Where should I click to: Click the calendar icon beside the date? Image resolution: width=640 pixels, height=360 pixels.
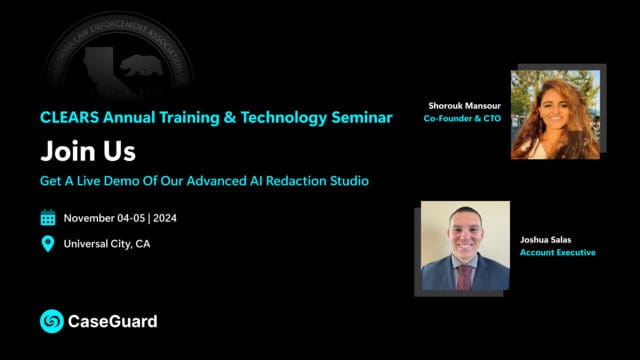point(48,218)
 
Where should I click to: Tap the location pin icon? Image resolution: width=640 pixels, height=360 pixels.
point(48,244)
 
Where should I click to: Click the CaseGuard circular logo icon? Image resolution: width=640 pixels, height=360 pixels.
point(51,321)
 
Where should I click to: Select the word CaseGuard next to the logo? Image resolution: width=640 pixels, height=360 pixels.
point(112,322)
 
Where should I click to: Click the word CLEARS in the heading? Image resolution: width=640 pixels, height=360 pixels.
point(68,117)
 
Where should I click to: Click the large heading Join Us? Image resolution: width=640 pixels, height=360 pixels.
point(88,151)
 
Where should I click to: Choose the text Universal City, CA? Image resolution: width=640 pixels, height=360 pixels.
point(107,244)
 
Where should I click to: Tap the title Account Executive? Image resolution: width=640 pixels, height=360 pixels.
point(557,253)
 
